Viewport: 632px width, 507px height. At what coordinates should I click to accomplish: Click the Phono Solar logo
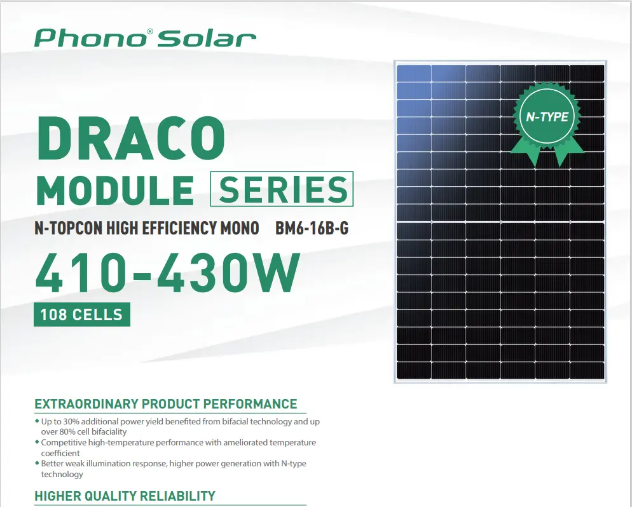pos(145,38)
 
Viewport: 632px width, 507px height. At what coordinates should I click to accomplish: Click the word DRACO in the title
pos(131,139)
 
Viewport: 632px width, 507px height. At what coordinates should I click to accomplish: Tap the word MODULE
pos(115,190)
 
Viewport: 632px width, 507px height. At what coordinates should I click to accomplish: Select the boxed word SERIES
pos(282,189)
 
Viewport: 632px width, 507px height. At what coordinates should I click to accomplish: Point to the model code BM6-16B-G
pos(312,228)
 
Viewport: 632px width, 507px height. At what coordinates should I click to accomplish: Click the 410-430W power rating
pos(168,273)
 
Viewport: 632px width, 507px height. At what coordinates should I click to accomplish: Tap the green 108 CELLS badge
pos(82,314)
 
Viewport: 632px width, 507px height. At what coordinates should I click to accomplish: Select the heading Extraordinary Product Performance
pos(166,403)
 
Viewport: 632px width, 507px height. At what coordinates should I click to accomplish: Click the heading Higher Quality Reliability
pos(125,496)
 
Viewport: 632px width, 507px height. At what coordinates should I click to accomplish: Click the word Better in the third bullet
pos(52,464)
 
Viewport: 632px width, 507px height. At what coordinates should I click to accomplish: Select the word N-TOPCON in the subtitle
pos(69,228)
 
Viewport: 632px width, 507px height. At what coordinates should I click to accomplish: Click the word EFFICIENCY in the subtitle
pos(179,228)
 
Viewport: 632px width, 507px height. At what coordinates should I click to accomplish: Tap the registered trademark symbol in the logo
pos(150,31)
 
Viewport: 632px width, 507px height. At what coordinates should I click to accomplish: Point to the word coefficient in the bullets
pos(60,453)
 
